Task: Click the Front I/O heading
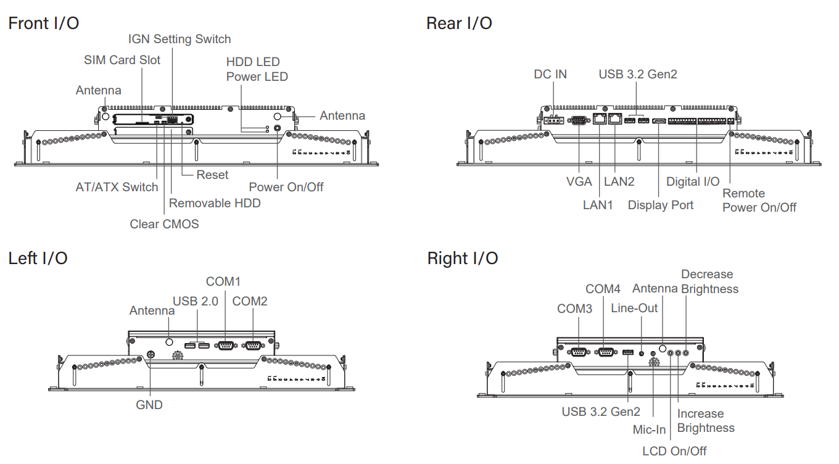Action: click(x=43, y=23)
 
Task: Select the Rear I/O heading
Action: click(x=459, y=23)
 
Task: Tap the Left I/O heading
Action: click(x=38, y=258)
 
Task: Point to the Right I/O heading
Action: click(x=462, y=258)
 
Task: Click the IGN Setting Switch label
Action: click(x=180, y=39)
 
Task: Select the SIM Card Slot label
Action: click(x=122, y=60)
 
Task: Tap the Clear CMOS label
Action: click(x=164, y=224)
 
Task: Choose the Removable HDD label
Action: click(x=215, y=203)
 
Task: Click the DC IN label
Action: click(x=550, y=74)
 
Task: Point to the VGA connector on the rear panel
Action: click(x=580, y=121)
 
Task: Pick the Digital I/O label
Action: click(x=693, y=181)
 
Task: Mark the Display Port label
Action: click(x=661, y=205)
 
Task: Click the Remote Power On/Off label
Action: click(x=759, y=201)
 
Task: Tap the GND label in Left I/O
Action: click(x=149, y=405)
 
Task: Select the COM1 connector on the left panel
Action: click(x=225, y=346)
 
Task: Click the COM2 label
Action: click(x=250, y=301)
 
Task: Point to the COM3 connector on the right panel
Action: click(x=579, y=352)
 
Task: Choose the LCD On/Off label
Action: click(x=674, y=451)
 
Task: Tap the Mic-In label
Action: click(x=650, y=429)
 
